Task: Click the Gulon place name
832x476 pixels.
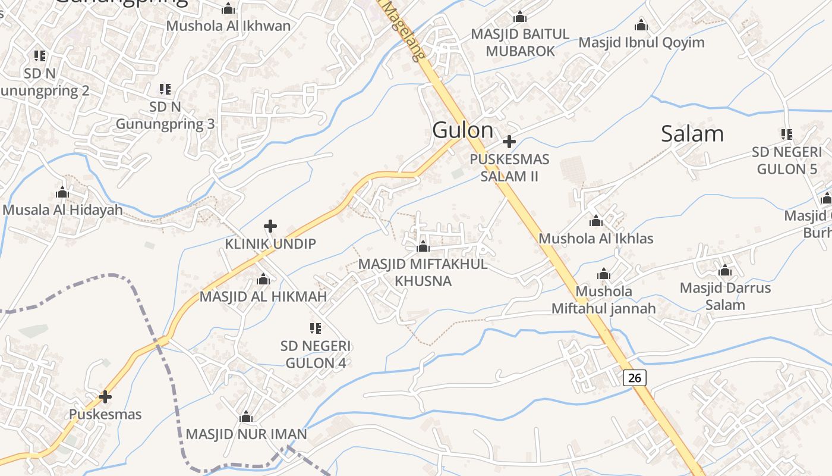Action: [x=462, y=130]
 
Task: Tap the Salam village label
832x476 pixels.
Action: [x=692, y=133]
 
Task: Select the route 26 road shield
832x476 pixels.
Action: [x=635, y=377]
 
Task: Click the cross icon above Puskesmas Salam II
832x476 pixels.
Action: [x=509, y=142]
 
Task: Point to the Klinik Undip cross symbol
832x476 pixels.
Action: [x=270, y=226]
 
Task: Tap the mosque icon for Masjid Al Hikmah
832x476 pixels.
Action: [x=263, y=279]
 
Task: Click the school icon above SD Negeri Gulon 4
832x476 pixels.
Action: [x=316, y=328]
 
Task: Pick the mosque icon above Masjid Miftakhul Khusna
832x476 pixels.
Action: [x=423, y=246]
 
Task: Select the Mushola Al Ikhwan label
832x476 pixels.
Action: [x=228, y=26]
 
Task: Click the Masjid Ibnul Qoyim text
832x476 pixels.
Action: [x=641, y=42]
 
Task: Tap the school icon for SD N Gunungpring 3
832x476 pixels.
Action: [x=165, y=89]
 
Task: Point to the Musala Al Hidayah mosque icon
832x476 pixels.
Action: [x=62, y=192]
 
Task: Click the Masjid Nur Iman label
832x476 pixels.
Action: [x=246, y=434]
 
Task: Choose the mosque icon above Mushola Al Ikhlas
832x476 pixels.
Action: [x=596, y=221]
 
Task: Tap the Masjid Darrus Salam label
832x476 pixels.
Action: [x=725, y=296]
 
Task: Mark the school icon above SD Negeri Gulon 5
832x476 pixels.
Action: [x=787, y=134]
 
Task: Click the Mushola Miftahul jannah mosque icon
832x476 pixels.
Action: [x=604, y=274]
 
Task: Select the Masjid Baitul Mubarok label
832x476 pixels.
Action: [x=520, y=42]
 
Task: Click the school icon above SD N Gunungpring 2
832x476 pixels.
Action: [x=40, y=56]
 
